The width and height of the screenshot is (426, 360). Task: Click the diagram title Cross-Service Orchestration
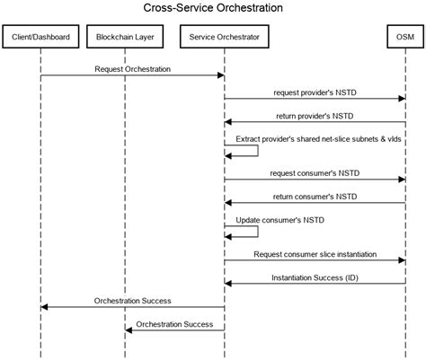(x=213, y=8)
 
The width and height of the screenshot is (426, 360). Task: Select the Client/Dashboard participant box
(x=40, y=38)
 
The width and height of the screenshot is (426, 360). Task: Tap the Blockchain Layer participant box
(x=125, y=38)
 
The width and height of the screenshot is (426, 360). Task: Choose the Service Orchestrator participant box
(x=225, y=38)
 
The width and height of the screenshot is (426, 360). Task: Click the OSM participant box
(x=405, y=38)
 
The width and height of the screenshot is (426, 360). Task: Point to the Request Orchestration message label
(x=132, y=68)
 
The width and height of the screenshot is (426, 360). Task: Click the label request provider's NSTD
(x=314, y=92)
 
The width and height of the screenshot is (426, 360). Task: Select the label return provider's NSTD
(x=314, y=115)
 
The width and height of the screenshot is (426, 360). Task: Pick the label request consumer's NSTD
(x=314, y=171)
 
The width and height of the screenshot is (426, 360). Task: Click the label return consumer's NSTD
(x=314, y=195)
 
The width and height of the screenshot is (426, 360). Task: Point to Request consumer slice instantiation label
(x=314, y=254)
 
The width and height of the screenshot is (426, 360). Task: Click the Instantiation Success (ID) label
(x=314, y=277)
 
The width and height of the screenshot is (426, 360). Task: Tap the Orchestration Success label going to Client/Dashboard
(x=132, y=301)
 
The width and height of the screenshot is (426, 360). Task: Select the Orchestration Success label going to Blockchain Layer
(x=174, y=324)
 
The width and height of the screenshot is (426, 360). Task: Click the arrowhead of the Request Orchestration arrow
(x=220, y=75)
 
